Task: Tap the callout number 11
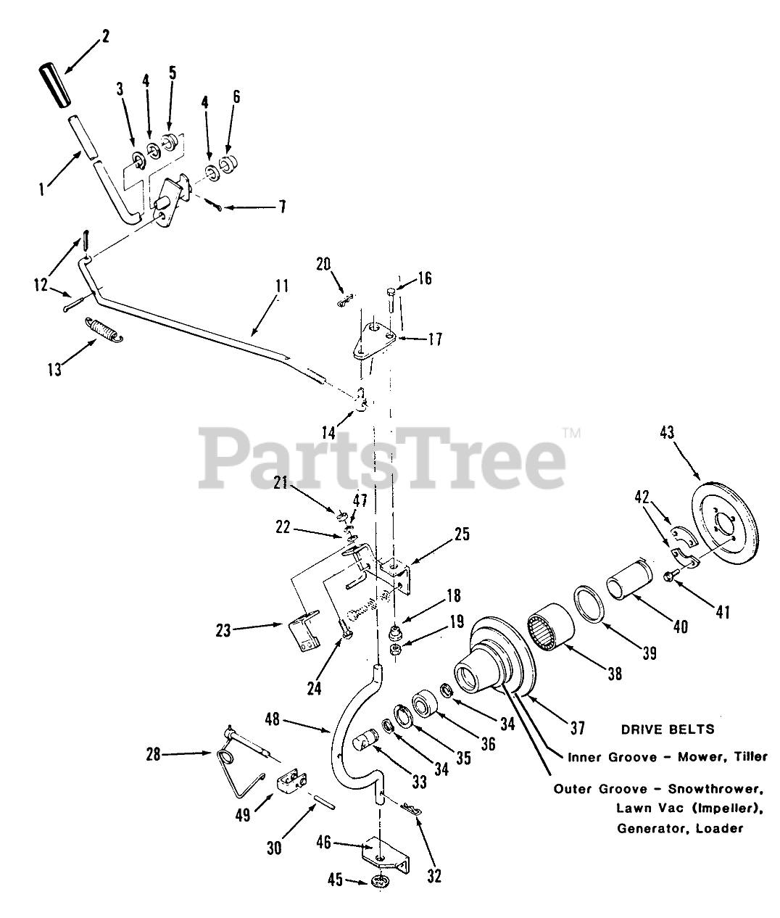click(x=281, y=286)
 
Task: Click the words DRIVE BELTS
click(x=668, y=729)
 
